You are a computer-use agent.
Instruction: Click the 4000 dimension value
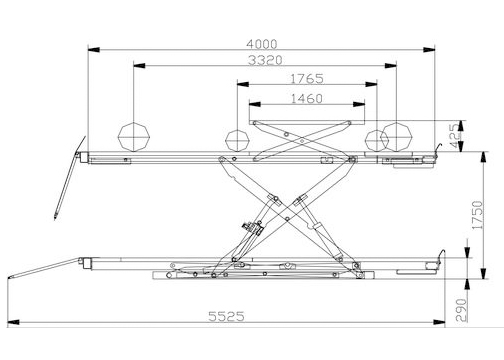(x=262, y=44)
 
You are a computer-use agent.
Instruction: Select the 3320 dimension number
(x=265, y=60)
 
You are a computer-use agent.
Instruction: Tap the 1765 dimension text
(x=307, y=79)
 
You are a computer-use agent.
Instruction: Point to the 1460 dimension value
(x=307, y=99)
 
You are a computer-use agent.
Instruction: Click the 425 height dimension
(x=454, y=136)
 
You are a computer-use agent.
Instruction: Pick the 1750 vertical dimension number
(x=477, y=215)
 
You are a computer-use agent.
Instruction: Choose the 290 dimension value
(x=461, y=310)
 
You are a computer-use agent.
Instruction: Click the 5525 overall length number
(x=226, y=316)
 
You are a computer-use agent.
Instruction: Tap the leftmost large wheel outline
(x=134, y=137)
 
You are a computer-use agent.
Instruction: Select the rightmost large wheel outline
(x=397, y=137)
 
